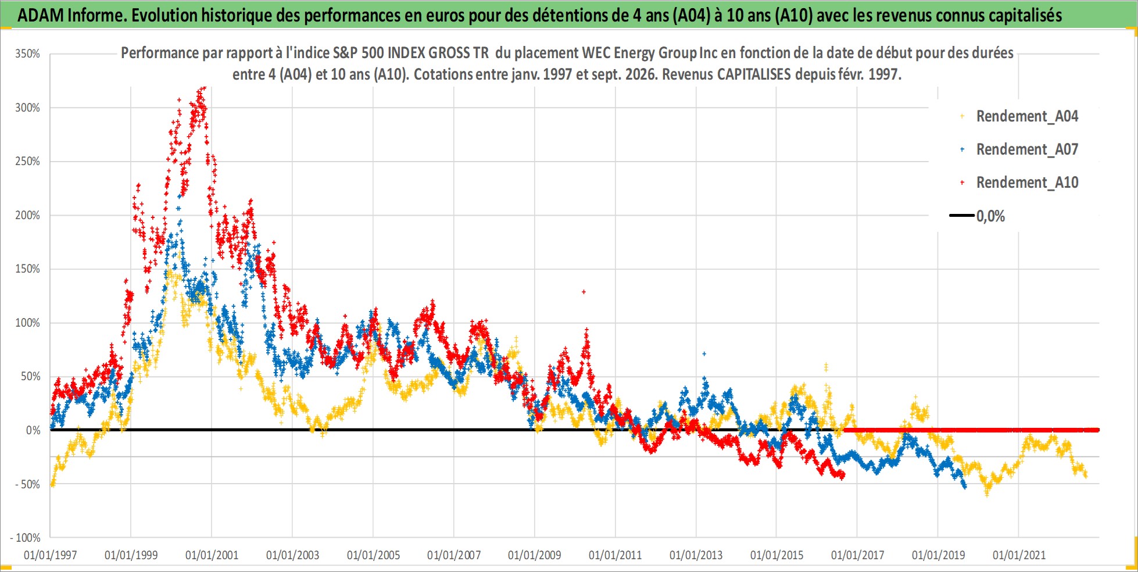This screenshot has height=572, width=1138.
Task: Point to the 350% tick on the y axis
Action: (x=27, y=54)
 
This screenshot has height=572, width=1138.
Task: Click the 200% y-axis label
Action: (x=27, y=215)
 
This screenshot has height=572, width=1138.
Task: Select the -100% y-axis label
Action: (x=25, y=538)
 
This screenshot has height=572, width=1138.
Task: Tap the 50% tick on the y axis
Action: (x=30, y=377)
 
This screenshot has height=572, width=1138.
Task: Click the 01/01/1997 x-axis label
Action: (x=51, y=555)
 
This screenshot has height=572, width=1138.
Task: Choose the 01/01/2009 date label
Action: (x=535, y=555)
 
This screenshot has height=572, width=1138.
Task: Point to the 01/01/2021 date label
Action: (x=1019, y=555)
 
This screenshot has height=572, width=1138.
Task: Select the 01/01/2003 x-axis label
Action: (x=292, y=555)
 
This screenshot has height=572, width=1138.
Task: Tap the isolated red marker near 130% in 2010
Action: (x=584, y=292)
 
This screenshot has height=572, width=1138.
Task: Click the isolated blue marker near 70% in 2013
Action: (x=704, y=353)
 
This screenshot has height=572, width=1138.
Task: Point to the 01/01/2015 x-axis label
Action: (x=777, y=555)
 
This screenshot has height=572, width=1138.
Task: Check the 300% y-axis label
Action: (x=27, y=108)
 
